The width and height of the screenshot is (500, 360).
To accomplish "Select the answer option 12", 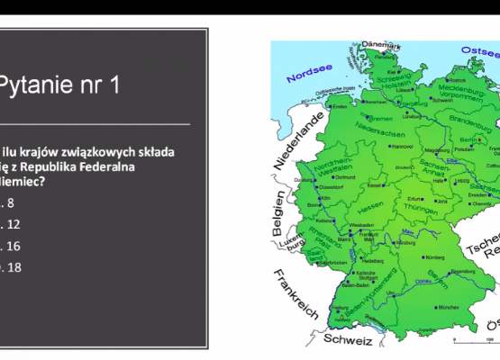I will click(x=14, y=223).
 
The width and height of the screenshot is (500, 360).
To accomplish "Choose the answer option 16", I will click(x=14, y=245).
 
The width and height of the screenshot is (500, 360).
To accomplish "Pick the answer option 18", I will click(x=14, y=266).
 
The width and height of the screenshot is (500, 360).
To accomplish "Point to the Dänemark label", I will click(x=382, y=43).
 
